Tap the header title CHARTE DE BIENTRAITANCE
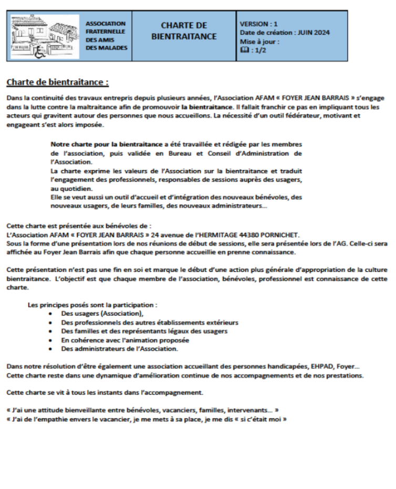(184, 31)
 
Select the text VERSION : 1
(258, 24)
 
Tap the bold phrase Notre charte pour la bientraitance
(107, 143)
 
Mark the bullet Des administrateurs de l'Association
(120, 348)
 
